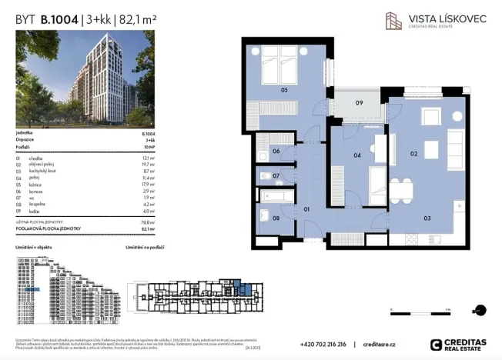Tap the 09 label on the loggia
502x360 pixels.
point(359,103)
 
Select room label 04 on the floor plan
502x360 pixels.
point(357,155)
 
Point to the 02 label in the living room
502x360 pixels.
point(413,155)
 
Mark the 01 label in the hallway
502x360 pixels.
point(306,208)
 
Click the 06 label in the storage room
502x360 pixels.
point(276,152)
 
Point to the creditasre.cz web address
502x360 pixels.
point(379,345)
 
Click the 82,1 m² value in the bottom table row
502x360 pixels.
point(147,228)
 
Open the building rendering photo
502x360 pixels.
point(85,78)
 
